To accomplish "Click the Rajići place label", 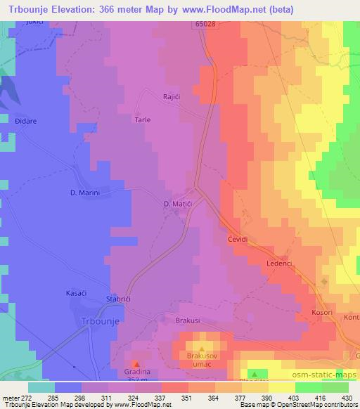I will [x=174, y=97].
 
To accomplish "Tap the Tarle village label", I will [x=143, y=119].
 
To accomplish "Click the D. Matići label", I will [x=178, y=204].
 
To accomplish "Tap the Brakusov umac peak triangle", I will [x=202, y=349].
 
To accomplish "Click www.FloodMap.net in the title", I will [x=229, y=10].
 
